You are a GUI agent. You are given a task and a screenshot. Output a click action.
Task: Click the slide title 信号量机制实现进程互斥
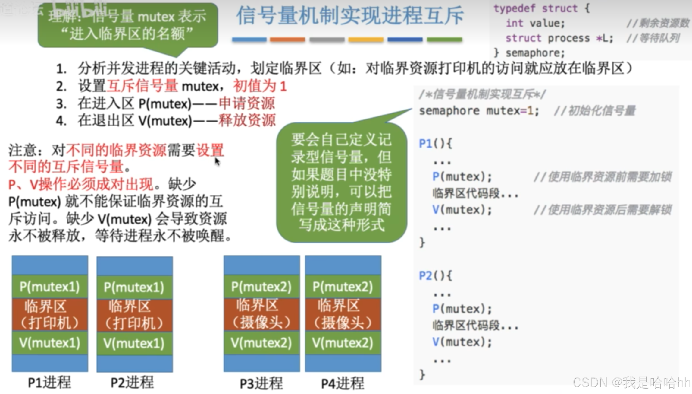pyautogui.click(x=349, y=16)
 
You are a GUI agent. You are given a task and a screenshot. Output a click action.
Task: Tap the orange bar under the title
pyautogui.click(x=287, y=40)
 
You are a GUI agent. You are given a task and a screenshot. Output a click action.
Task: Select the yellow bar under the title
pyautogui.click(x=366, y=40)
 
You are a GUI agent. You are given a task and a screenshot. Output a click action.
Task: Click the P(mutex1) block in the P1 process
pyautogui.click(x=50, y=287)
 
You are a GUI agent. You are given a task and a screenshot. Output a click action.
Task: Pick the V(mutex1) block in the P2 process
pyautogui.click(x=134, y=343)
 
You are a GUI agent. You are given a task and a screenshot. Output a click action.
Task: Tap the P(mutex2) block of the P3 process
pyautogui.click(x=261, y=287)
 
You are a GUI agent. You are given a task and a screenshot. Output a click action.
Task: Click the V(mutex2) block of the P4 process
pyautogui.click(x=343, y=343)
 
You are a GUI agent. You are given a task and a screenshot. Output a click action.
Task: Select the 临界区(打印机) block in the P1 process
pyautogui.click(x=50, y=314)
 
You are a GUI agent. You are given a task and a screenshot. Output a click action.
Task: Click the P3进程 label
pyautogui.click(x=261, y=383)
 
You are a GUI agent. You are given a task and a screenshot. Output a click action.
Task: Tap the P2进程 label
pyautogui.click(x=132, y=383)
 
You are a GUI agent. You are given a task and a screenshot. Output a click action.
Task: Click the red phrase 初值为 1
pyautogui.click(x=260, y=86)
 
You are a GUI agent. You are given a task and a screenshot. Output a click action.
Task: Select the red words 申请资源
pyautogui.click(x=247, y=103)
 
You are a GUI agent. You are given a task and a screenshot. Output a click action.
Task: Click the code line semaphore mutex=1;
pyautogui.click(x=479, y=111)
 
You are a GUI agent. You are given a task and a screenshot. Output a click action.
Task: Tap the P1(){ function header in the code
pyautogui.click(x=435, y=143)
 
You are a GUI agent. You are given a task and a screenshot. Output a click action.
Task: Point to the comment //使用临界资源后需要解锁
pyautogui.click(x=603, y=210)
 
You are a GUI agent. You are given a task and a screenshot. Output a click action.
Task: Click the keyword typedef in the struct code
pyautogui.click(x=514, y=8)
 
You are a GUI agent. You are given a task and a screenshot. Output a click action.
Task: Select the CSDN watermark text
pyautogui.click(x=631, y=383)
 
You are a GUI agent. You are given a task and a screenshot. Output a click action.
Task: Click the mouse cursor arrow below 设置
pyautogui.click(x=217, y=162)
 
